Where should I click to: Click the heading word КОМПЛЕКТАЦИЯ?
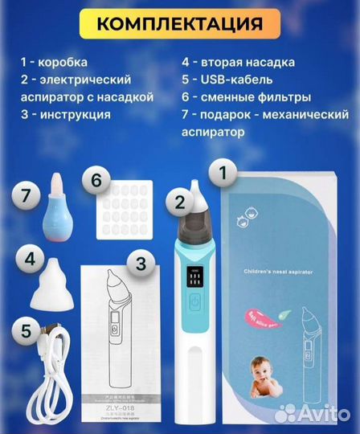click(x=180, y=23)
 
